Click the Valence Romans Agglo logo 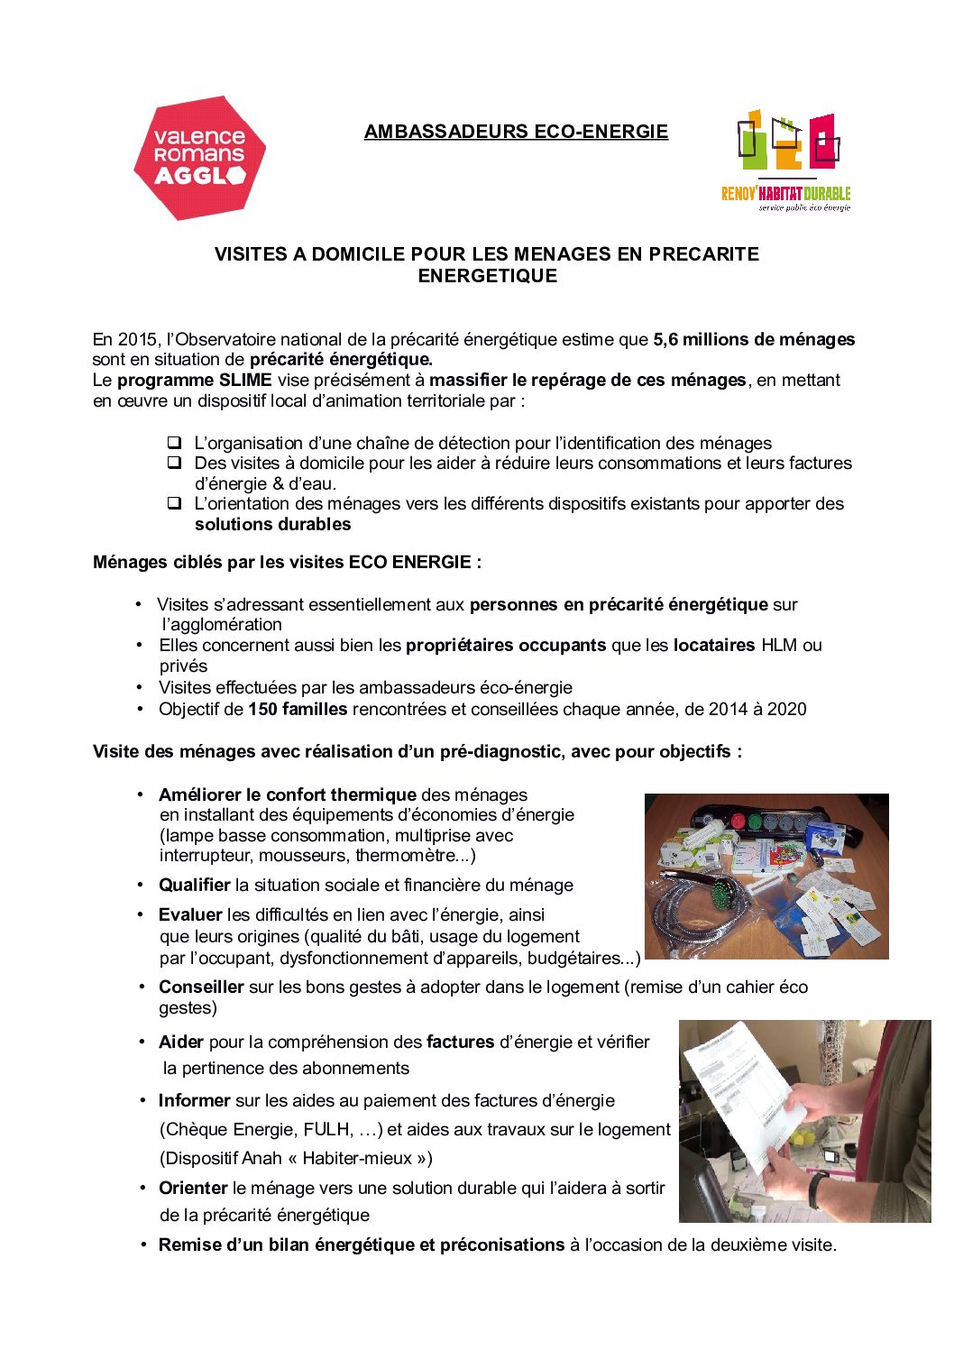[199, 158]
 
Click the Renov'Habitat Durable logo [786, 161]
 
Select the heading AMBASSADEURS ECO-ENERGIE [516, 132]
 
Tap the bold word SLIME [245, 381]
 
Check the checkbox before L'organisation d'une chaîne [174, 443]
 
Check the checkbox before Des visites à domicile [174, 463]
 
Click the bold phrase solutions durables [272, 525]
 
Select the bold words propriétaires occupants [506, 646]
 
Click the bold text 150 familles [298, 710]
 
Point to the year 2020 [786, 710]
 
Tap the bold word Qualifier [194, 886]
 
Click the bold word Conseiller [201, 987]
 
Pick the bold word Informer [194, 1101]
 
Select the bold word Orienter [192, 1189]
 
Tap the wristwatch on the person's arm [817, 1188]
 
